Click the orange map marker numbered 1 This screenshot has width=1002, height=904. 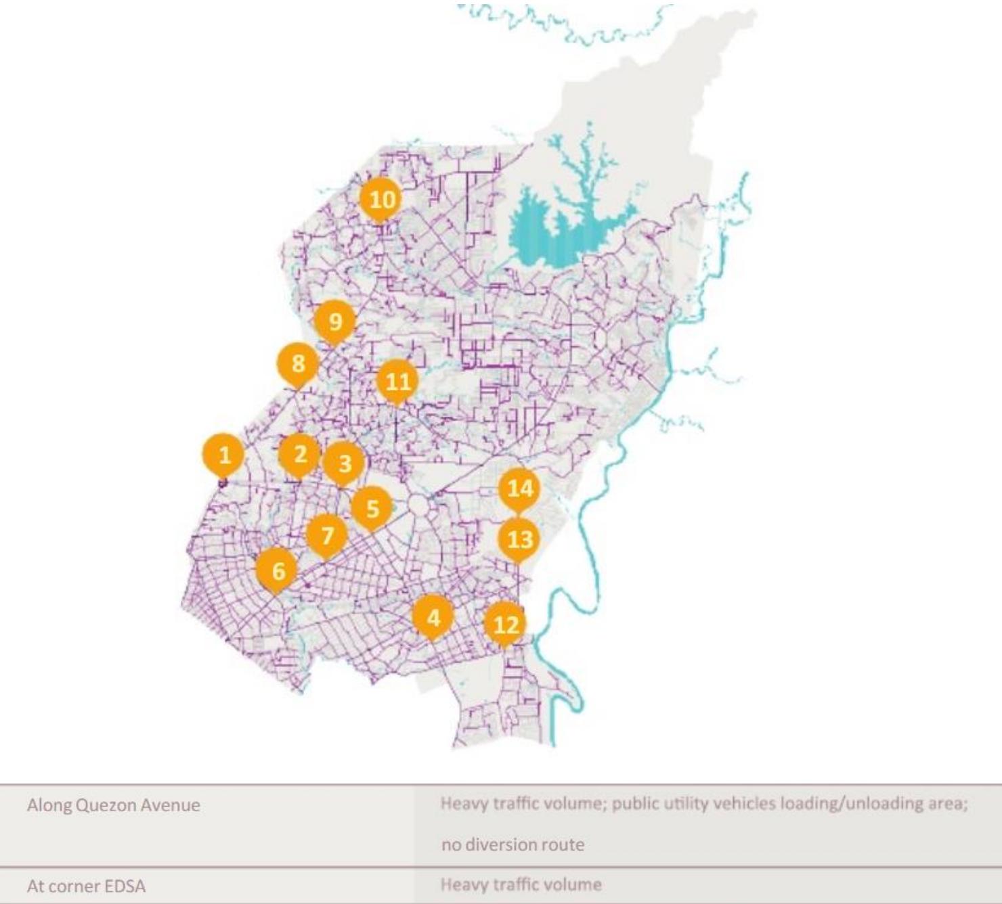tap(224, 455)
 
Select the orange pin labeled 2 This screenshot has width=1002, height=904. tap(300, 454)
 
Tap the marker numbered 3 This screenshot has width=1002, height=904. tap(345, 464)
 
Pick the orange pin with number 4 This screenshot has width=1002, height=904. tap(433, 617)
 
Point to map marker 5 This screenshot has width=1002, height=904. tap(372, 508)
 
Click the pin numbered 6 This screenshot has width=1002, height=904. tap(278, 571)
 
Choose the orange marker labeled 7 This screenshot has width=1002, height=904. tap(328, 536)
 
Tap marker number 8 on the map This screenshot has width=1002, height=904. tap(298, 364)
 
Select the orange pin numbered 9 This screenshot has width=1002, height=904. tap(335, 322)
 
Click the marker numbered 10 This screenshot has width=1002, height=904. tap(381, 200)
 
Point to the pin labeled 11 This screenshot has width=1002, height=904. tap(397, 382)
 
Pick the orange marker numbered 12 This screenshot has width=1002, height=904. tap(506, 625)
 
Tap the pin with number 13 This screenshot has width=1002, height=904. tap(519, 539)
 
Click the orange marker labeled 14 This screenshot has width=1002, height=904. tap(520, 488)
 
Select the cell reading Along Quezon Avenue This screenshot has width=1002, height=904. tap(114, 805)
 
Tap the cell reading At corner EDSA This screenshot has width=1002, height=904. tap(86, 886)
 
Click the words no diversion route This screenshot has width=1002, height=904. tap(513, 844)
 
